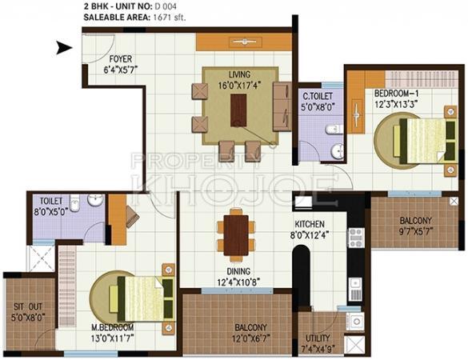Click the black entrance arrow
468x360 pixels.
[64, 48]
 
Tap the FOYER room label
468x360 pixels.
[120, 59]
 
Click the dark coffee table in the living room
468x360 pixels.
[238, 110]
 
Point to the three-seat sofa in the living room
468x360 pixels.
[282, 106]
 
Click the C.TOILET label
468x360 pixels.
[318, 96]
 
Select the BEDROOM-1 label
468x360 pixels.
[396, 93]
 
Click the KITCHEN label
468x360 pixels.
[310, 224]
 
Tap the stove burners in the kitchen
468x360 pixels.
[356, 238]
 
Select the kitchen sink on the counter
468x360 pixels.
[355, 290]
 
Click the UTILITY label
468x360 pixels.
[318, 338]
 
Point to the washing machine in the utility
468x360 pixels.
[355, 322]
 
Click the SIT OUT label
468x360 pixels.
[28, 306]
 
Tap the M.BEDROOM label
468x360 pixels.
[112, 327]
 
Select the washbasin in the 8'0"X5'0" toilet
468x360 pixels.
[96, 200]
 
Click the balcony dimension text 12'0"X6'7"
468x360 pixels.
[251, 339]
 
